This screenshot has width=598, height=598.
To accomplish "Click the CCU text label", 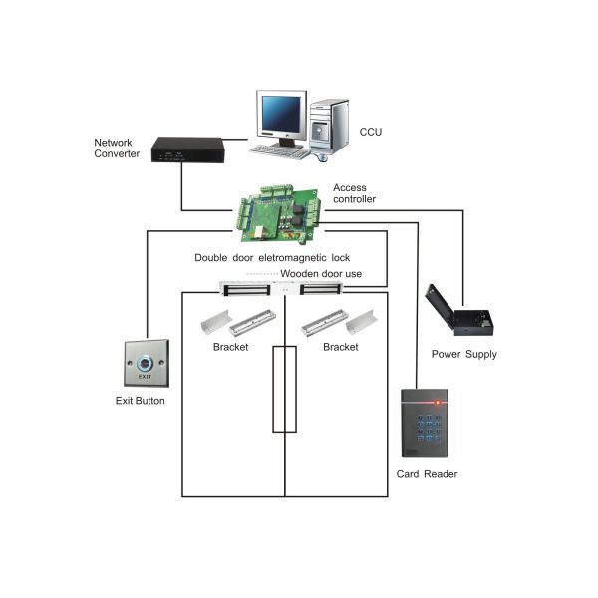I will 371,131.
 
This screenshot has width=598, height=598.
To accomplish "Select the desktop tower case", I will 330,126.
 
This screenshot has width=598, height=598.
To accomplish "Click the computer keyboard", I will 279,151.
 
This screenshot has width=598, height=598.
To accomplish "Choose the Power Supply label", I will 463,355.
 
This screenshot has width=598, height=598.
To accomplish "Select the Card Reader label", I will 427,474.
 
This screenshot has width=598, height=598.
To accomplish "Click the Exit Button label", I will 141,401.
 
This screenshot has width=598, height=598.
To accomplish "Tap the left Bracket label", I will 230,347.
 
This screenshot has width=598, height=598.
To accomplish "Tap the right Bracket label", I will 340,347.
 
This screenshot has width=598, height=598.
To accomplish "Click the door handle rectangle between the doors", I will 285,389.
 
